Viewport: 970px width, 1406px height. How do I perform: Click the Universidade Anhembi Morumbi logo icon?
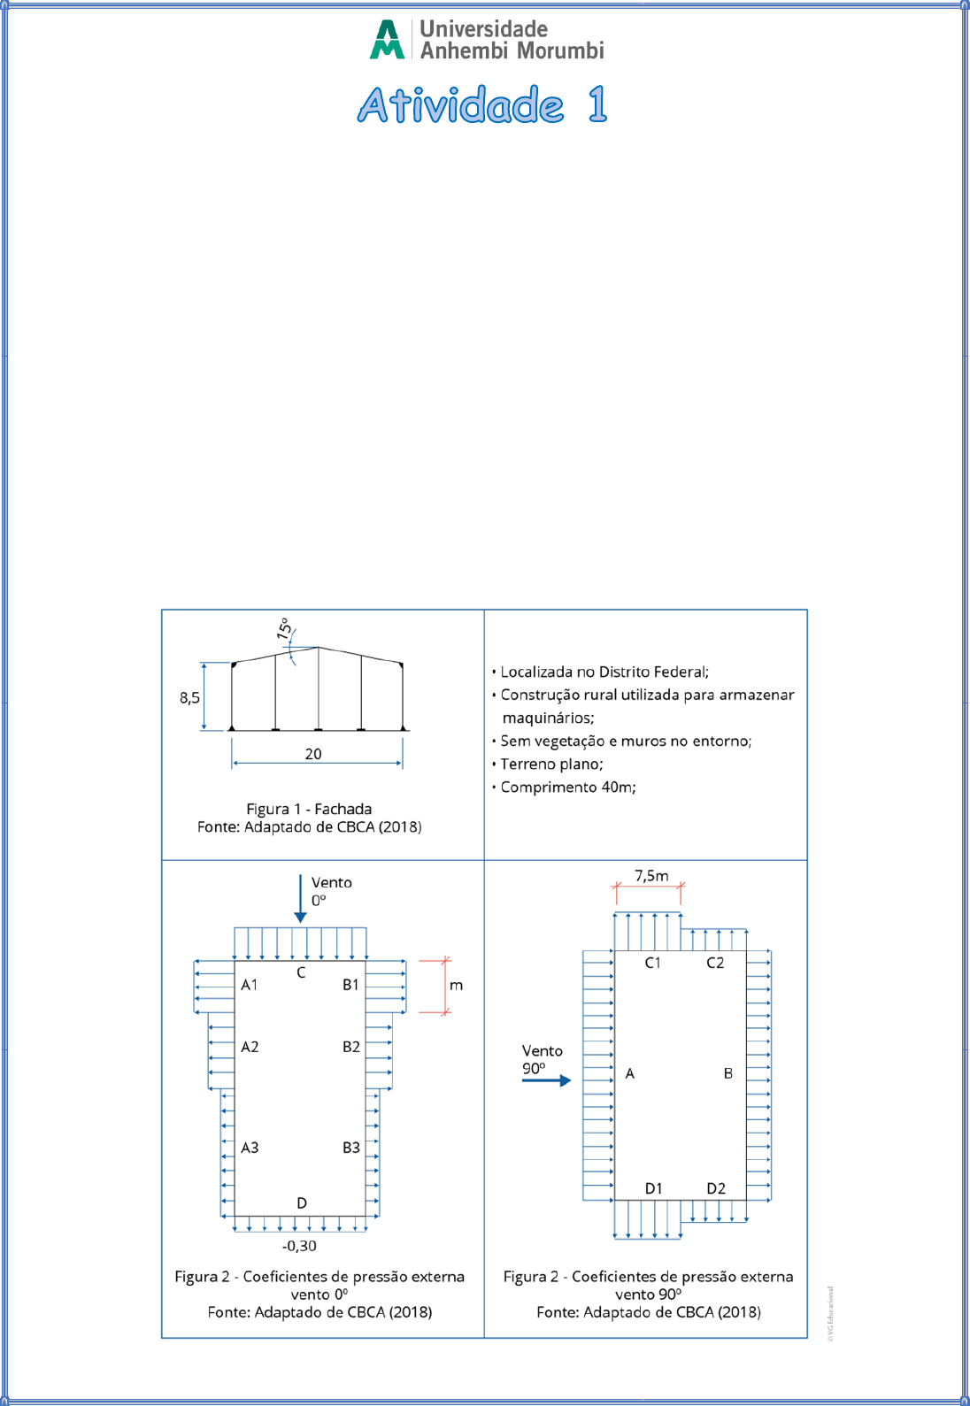(387, 39)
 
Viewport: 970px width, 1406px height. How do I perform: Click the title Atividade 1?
(482, 104)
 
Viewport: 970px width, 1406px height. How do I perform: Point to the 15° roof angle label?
(284, 628)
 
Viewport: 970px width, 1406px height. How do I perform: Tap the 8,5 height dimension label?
(189, 697)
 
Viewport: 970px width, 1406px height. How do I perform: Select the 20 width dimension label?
(313, 754)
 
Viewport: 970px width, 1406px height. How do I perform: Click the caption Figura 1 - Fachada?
(309, 809)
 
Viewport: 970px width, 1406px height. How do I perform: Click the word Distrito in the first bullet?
(623, 672)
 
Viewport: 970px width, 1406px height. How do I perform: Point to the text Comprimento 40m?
(568, 788)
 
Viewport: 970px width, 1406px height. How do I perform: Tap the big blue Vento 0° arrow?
(301, 898)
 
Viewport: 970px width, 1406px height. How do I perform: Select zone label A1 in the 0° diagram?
(250, 985)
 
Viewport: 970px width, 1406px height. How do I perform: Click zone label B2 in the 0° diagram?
(351, 1047)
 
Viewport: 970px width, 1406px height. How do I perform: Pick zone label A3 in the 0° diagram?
(250, 1148)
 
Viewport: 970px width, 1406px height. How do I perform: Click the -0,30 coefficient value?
(299, 1245)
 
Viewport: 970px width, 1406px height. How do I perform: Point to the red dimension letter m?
(457, 986)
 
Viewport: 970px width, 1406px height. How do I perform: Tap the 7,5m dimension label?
(651, 875)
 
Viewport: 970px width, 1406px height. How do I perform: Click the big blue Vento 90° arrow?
(547, 1080)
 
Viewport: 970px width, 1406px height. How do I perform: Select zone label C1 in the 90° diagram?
(653, 963)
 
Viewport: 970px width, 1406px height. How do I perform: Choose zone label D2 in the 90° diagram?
(716, 1188)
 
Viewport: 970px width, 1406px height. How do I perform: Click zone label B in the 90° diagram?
(728, 1073)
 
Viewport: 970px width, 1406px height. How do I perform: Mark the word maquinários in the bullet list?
(548, 718)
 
